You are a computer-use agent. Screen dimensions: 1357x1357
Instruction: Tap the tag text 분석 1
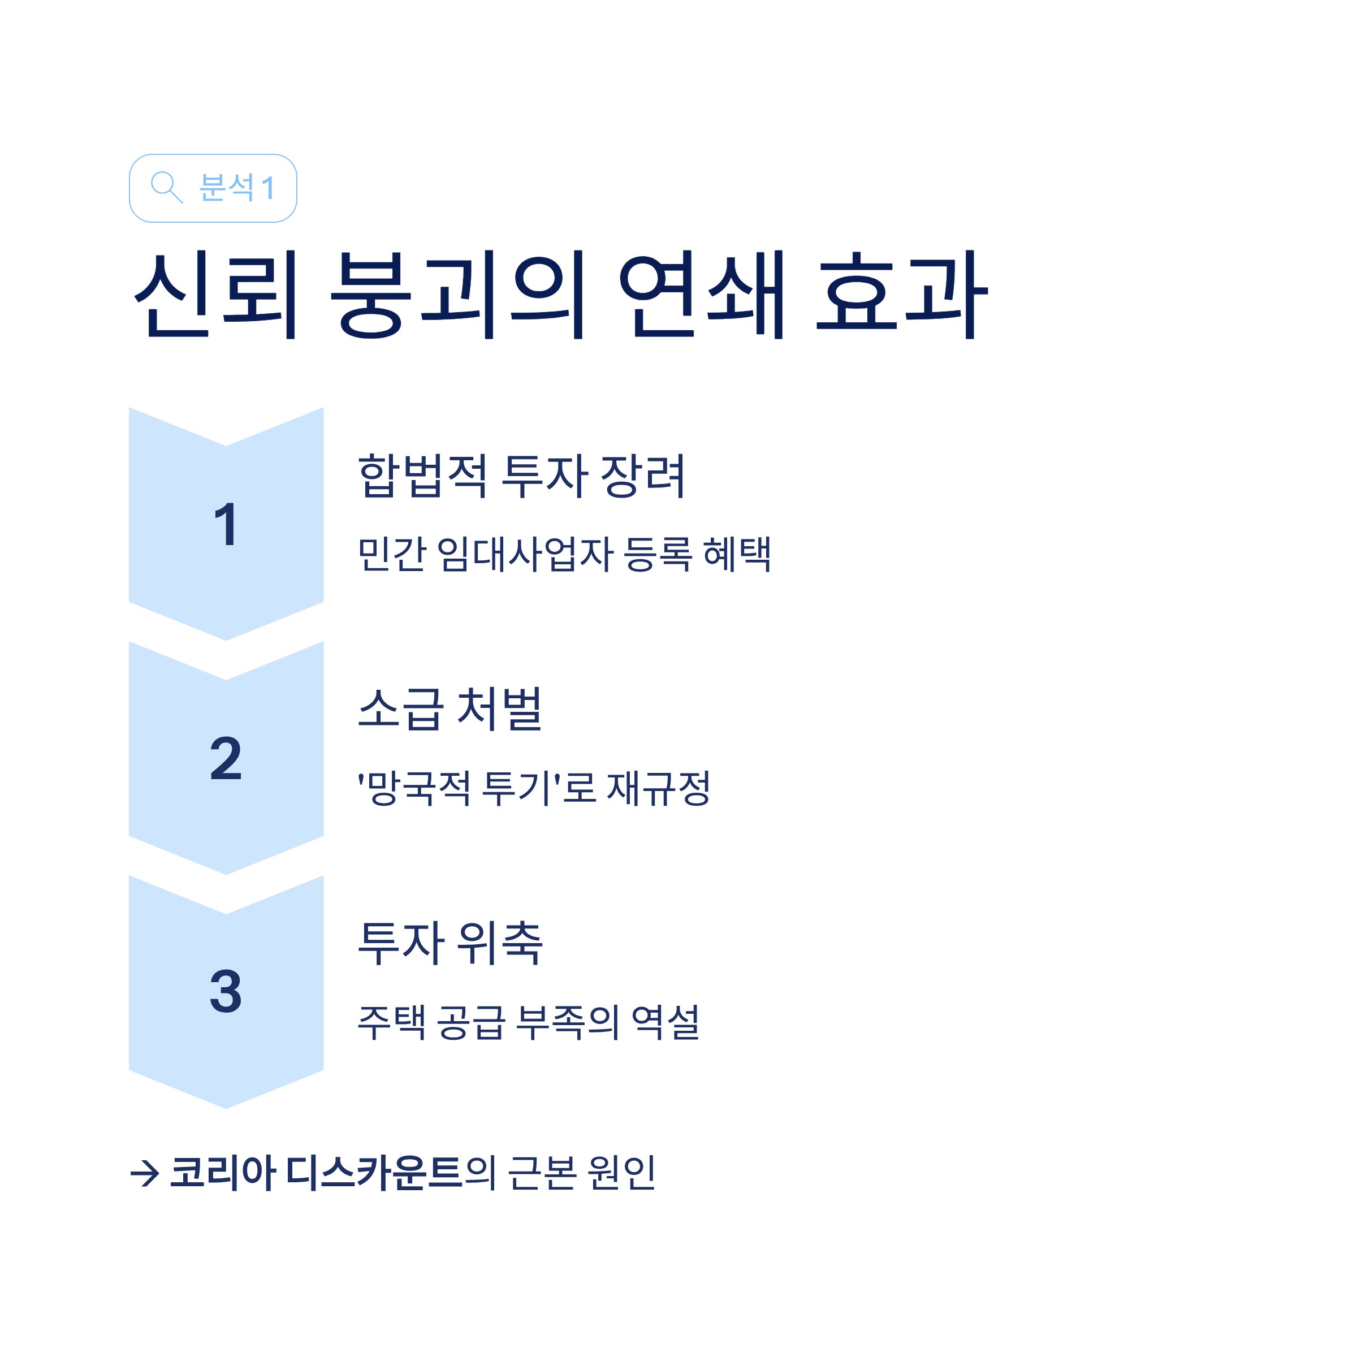click(237, 188)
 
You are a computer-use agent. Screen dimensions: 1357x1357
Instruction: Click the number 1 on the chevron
click(226, 524)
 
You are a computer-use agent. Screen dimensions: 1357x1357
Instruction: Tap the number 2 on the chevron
click(226, 759)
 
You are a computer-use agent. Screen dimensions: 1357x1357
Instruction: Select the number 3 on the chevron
click(226, 992)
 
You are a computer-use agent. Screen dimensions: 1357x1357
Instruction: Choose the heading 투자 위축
click(450, 943)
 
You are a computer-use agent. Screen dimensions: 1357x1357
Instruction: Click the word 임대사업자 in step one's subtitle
click(525, 554)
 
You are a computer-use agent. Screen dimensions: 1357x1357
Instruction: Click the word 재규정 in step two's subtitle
click(658, 788)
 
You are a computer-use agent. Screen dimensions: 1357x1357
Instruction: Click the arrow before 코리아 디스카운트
click(145, 1172)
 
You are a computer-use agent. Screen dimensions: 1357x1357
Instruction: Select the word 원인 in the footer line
click(621, 1172)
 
